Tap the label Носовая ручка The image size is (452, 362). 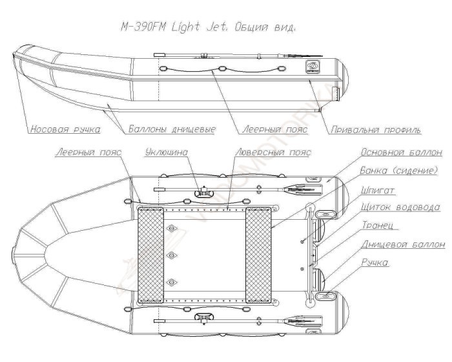(65, 129)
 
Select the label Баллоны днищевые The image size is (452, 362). (172, 129)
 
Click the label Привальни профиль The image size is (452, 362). (376, 130)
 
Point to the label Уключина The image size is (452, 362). (167, 152)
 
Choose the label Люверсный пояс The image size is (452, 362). (273, 152)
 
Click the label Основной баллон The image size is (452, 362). (402, 152)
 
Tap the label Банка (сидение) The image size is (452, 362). (398, 170)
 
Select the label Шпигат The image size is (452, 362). (377, 191)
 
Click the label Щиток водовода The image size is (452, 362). (400, 207)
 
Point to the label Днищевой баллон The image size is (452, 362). (404, 244)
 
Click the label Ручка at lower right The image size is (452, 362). (375, 262)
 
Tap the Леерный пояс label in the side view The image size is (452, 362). (274, 129)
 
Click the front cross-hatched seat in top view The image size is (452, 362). (150, 255)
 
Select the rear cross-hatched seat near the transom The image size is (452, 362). (258, 255)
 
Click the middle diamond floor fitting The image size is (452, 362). (172, 255)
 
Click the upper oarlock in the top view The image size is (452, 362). (204, 192)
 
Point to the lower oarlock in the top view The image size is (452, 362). (204, 317)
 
